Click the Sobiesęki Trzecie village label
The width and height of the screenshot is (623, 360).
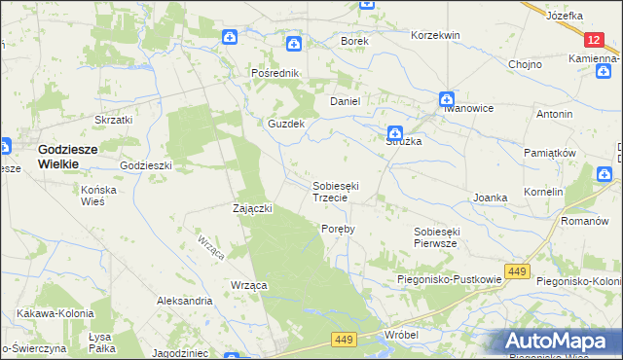(338, 191)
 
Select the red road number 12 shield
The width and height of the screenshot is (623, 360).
(595, 40)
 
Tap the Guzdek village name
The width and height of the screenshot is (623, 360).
(287, 125)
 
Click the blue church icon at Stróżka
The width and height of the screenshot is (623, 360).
(394, 133)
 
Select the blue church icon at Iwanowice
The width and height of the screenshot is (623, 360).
(446, 98)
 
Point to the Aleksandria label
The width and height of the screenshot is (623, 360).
(185, 302)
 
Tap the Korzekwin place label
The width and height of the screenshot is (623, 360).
(435, 35)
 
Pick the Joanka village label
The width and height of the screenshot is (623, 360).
(491, 198)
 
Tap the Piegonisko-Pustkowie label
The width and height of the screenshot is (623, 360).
(449, 279)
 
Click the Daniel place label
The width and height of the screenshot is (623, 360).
(346, 101)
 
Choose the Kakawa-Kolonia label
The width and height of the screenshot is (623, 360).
(55, 314)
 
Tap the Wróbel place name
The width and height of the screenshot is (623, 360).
(401, 334)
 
